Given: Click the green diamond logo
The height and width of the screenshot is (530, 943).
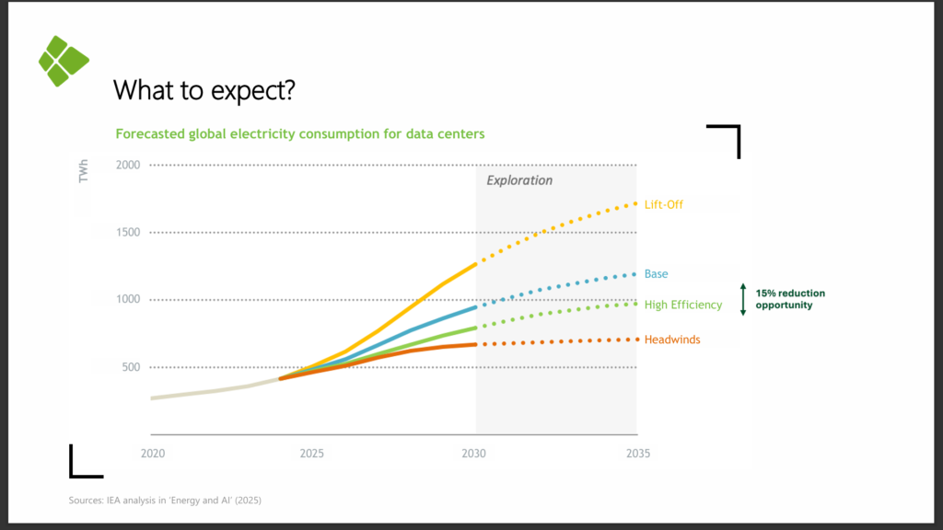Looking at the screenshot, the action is pos(64,61).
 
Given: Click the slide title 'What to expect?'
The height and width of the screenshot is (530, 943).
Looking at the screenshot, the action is pos(204,90).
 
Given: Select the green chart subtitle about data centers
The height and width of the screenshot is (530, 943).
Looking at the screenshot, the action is pos(300,133).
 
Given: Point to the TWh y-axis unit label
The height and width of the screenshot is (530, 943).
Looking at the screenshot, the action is pos(83,170).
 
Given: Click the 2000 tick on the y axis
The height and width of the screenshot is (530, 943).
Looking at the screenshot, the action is pos(128,165).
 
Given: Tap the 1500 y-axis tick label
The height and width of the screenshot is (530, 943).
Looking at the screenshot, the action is pos(128,232).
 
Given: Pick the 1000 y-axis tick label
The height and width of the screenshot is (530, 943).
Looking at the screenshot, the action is pos(128,299).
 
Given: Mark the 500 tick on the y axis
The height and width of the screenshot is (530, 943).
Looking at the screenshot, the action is pos(131,366).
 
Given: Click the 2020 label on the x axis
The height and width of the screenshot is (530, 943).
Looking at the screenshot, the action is pos(153,453).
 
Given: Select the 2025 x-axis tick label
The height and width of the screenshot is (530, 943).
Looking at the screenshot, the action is pos(311,453).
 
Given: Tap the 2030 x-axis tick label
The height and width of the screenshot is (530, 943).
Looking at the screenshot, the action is pos(474,453).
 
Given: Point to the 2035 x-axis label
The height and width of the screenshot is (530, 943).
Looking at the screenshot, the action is pos(638,453).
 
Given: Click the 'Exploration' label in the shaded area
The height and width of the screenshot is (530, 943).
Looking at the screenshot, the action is pos(519,180).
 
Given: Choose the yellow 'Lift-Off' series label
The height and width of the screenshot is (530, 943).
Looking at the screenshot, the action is pos(664,204).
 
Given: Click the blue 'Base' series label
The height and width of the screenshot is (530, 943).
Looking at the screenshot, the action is pos(656,273).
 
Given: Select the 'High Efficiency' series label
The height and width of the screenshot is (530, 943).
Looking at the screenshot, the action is pos(683,305).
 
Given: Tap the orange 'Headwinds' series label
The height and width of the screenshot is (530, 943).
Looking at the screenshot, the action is pos(672,340).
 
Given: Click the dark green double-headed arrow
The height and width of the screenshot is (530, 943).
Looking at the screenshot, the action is pos(743,299).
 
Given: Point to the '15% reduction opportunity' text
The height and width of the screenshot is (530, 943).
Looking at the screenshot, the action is pos(790,299).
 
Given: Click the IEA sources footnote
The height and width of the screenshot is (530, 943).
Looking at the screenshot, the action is pos(165,500).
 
